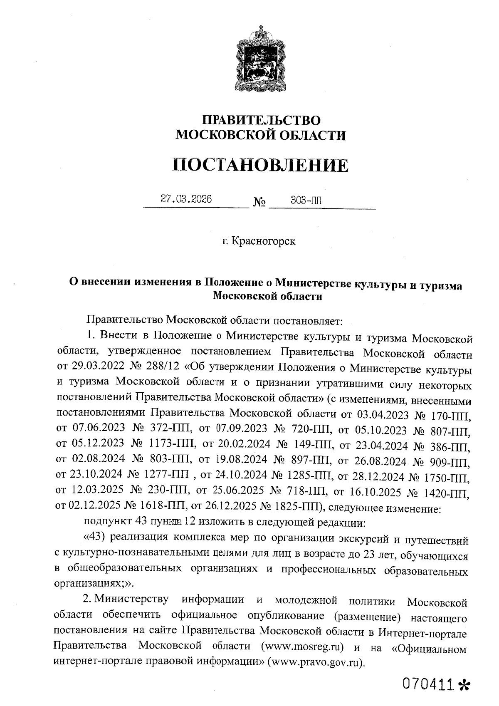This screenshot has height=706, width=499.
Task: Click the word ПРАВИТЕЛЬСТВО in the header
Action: [261, 121]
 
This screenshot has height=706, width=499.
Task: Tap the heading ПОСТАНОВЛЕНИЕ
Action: [261, 165]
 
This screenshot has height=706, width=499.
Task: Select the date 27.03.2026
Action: [186, 199]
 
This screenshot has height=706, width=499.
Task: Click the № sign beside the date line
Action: [259, 203]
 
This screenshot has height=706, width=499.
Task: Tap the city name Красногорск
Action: [263, 241]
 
